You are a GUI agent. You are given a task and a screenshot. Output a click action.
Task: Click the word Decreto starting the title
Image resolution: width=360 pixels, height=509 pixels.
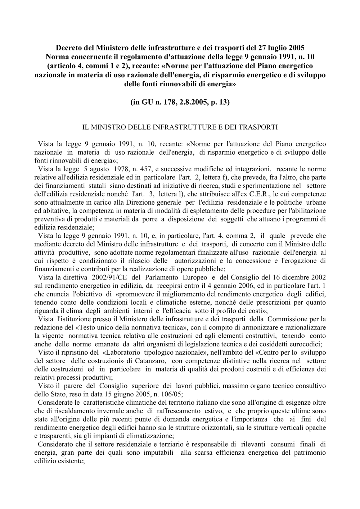click(x=68, y=48)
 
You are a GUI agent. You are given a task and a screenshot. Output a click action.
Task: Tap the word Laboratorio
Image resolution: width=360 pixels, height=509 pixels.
click(x=123, y=353)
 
